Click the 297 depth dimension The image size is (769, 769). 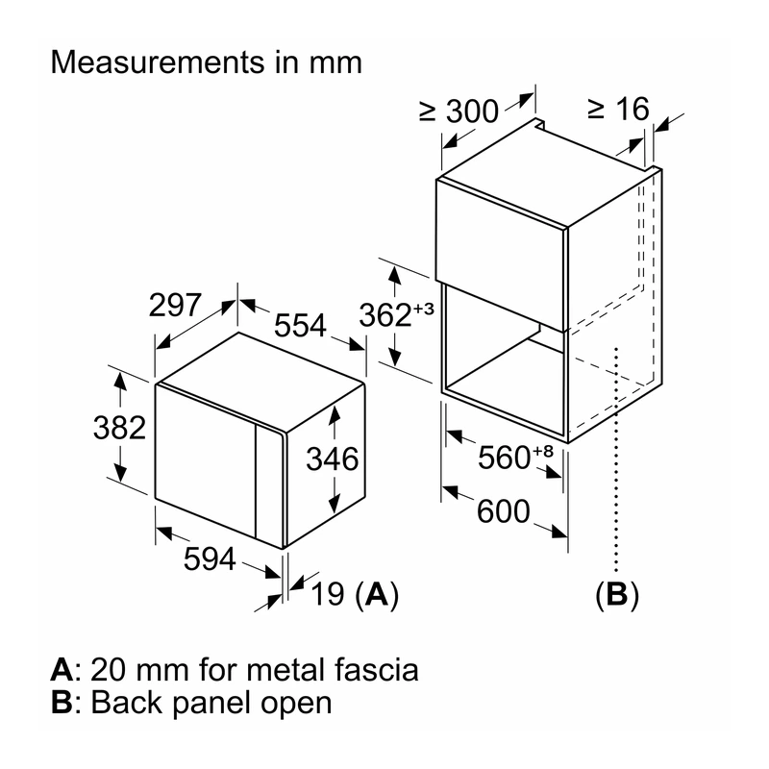(175, 305)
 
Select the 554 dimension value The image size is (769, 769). (300, 325)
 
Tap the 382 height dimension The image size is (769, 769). (119, 427)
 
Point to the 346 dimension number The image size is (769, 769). (333, 459)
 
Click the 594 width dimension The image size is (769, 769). (210, 558)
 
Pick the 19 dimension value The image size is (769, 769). (328, 594)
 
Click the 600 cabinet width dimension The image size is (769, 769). (504, 511)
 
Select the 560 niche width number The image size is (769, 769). (504, 459)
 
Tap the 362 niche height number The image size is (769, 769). (385, 315)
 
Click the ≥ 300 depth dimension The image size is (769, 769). (459, 112)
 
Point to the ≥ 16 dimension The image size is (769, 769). (618, 109)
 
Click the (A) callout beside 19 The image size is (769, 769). (376, 595)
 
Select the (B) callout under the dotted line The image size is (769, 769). (617, 595)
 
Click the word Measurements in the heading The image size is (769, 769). (158, 62)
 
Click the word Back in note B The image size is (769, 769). (128, 703)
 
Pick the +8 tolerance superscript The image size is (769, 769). (543, 451)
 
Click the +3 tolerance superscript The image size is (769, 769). (424, 309)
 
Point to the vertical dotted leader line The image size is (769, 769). (616, 460)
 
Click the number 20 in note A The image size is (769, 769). (108, 670)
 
